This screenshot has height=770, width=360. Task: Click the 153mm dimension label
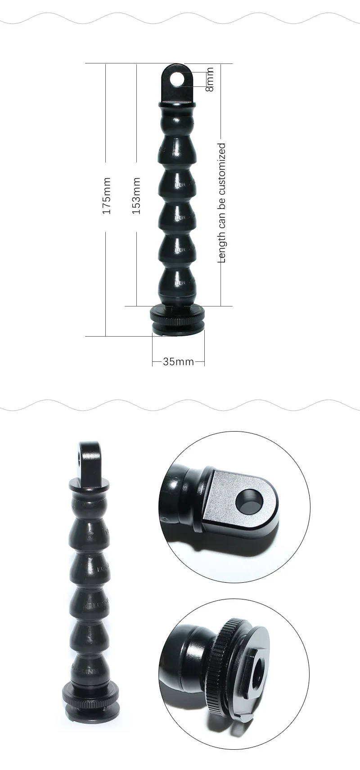click(x=136, y=196)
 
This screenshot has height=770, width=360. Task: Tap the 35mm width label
click(x=179, y=362)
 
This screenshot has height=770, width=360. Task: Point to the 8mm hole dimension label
click(x=209, y=79)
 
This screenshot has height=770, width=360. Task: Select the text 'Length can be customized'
click(x=222, y=203)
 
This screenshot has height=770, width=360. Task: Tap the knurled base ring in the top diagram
click(x=178, y=315)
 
